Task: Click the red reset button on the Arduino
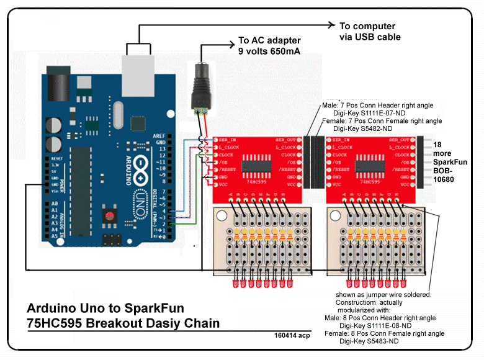pyautogui.click(x=110, y=217)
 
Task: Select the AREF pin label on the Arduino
pyautogui.click(x=160, y=135)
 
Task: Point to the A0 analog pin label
pyautogui.click(x=55, y=204)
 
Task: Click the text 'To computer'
pyautogui.click(x=367, y=26)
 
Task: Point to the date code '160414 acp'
pyautogui.click(x=292, y=335)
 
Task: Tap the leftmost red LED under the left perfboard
pyautogui.click(x=235, y=284)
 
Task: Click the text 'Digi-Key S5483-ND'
pyautogui.click(x=369, y=341)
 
